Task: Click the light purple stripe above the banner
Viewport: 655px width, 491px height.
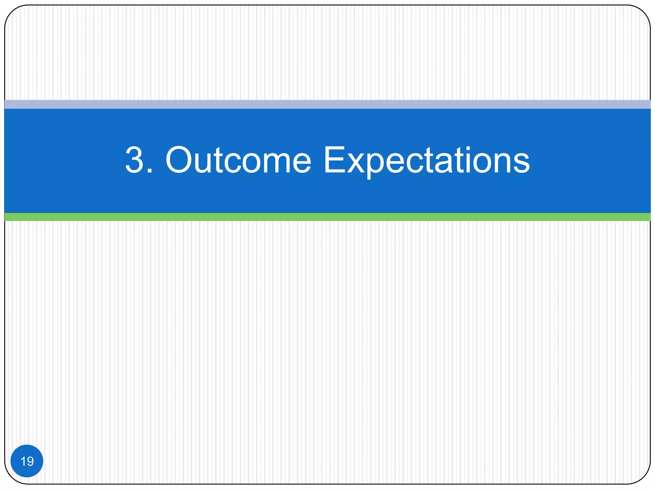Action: point(327,104)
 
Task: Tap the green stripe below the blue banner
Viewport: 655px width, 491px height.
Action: point(327,217)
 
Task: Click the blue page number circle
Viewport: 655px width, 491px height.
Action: point(27,461)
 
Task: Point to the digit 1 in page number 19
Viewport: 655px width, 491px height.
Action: point(23,461)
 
